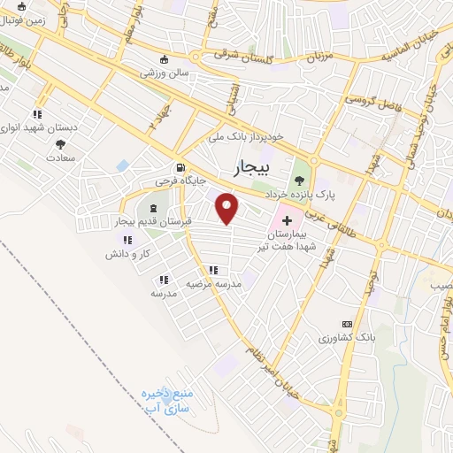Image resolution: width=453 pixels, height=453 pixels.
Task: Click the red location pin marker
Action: coord(228,208)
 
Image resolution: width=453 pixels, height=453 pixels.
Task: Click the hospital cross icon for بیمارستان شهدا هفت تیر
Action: coord(287,217)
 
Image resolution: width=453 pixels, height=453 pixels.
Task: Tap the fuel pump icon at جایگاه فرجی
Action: coord(180,167)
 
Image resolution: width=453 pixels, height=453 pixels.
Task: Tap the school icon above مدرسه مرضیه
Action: coord(212,271)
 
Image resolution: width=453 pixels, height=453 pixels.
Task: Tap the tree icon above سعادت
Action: coord(60,143)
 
